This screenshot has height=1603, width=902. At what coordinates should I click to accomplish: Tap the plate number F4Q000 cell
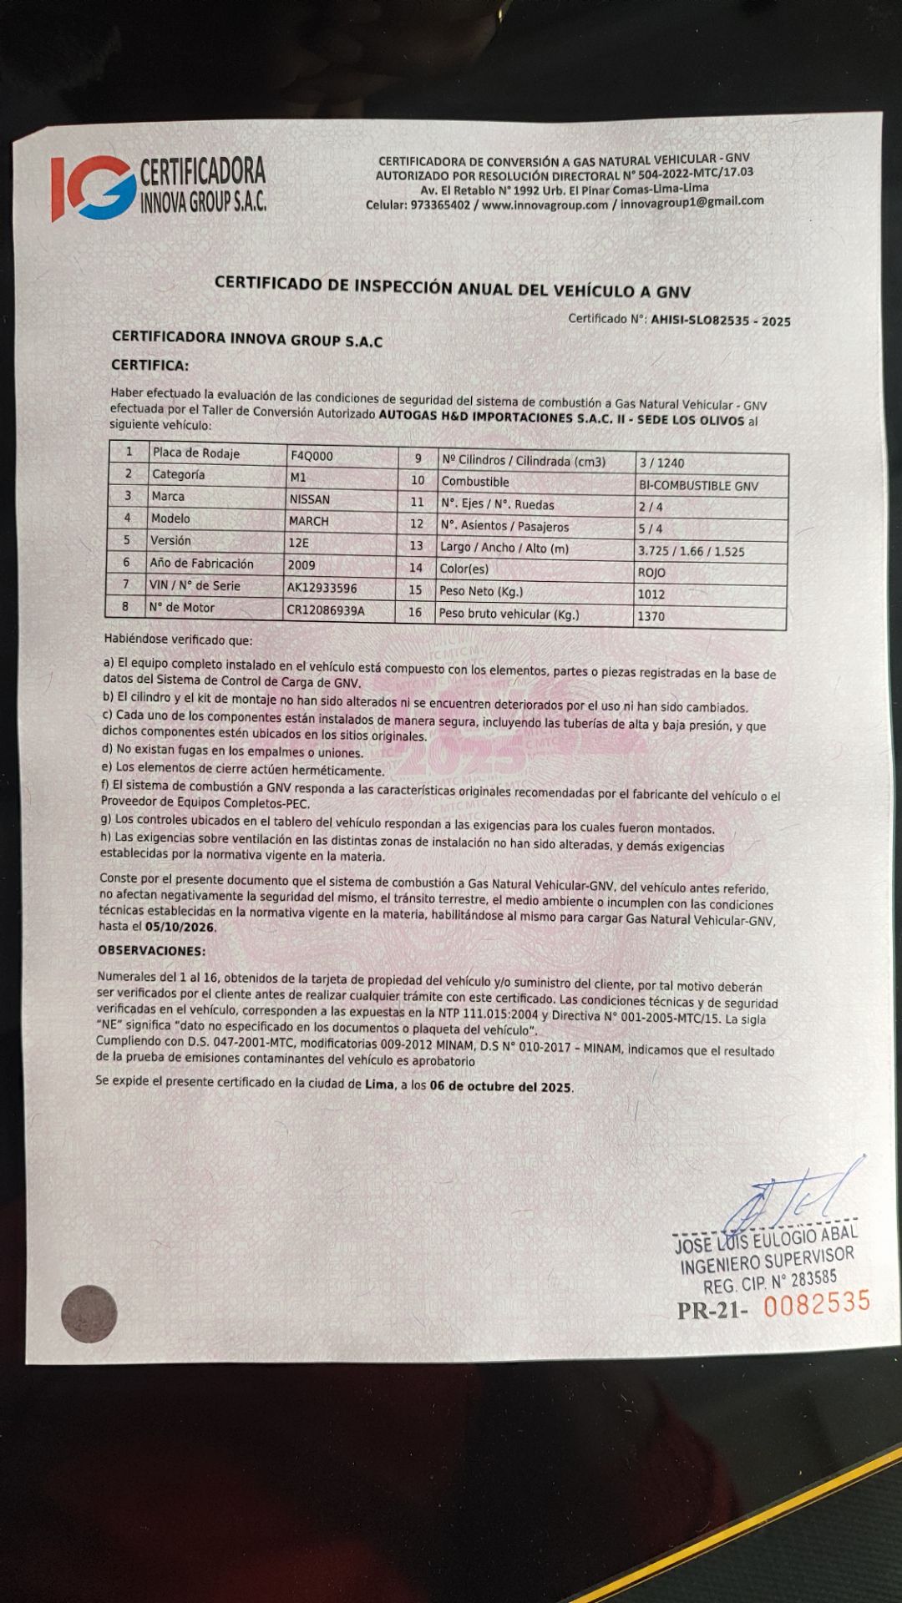coord(312,456)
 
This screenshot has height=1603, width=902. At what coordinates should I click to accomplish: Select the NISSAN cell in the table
coord(310,499)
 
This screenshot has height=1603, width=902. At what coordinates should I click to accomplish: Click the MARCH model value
coord(309,521)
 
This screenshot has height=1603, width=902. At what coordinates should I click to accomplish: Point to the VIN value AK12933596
coord(322,588)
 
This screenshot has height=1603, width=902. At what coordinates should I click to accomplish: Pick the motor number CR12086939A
coord(326,610)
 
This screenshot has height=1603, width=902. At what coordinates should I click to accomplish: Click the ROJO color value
coord(651,573)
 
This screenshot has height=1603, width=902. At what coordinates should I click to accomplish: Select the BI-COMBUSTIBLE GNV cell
coord(698,486)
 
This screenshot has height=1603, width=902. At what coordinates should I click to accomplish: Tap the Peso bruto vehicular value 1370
coord(651,616)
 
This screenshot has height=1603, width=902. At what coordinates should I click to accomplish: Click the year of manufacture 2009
coord(302,565)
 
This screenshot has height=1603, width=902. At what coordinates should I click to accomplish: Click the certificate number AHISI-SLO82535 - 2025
coord(720,321)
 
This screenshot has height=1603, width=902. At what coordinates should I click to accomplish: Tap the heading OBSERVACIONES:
coord(151,951)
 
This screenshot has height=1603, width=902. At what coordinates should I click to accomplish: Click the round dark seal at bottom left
coord(89,1314)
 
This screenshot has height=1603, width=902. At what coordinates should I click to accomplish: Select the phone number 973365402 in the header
coord(440,205)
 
